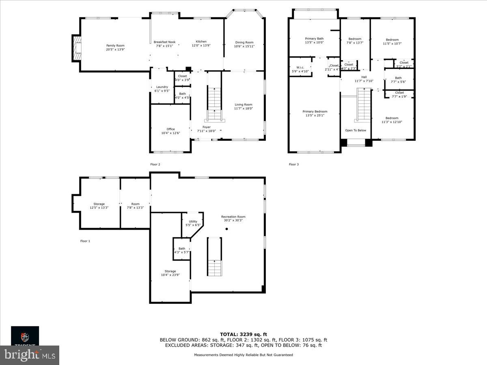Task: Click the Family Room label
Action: pyautogui.click(x=115, y=45)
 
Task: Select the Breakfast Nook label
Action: pyautogui.click(x=164, y=42)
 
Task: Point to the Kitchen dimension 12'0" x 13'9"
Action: pyautogui.click(x=201, y=45)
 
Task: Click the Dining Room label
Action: pyautogui.click(x=244, y=42)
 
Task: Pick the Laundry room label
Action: pyautogui.click(x=162, y=87)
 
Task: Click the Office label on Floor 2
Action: pyautogui.click(x=170, y=129)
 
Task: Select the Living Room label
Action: pyautogui.click(x=243, y=105)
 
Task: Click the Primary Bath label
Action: pyautogui.click(x=314, y=39)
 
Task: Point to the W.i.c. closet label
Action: pyautogui.click(x=300, y=67)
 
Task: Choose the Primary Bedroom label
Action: pyautogui.click(x=315, y=112)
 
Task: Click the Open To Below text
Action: pyautogui.click(x=356, y=130)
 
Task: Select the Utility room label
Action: pyautogui.click(x=193, y=221)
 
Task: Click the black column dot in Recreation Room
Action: pyautogui.click(x=227, y=229)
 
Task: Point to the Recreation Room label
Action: pyautogui.click(x=233, y=217)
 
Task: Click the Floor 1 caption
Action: pyautogui.click(x=85, y=241)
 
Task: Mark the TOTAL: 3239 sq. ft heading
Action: pyautogui.click(x=243, y=334)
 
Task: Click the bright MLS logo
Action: pyautogui.click(x=30, y=355)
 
